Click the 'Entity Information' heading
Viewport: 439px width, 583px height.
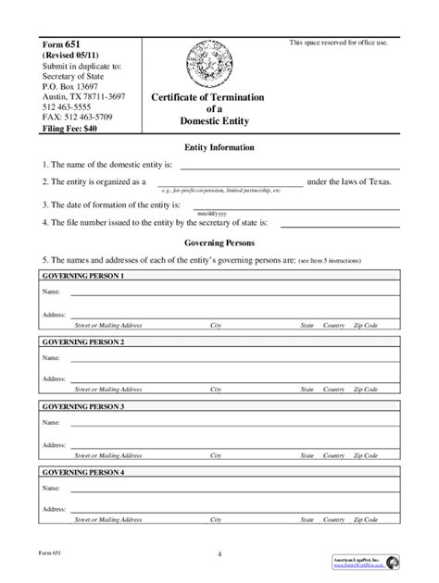tap(219, 148)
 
